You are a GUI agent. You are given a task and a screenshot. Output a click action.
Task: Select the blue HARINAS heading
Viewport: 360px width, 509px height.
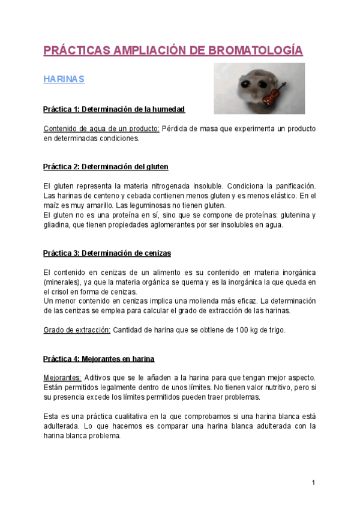coord(64,79)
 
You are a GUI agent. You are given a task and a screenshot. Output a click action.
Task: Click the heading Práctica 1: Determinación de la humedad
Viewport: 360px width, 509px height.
coord(114,109)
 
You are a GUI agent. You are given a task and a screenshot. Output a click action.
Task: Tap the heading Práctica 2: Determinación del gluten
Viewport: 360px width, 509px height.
coord(106,166)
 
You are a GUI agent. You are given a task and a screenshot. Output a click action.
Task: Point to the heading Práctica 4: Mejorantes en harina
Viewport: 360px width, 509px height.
coord(99,359)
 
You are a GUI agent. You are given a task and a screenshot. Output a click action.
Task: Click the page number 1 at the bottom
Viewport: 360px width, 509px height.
coord(313,483)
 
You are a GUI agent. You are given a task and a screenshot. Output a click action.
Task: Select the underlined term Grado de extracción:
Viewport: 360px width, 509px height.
coord(77,330)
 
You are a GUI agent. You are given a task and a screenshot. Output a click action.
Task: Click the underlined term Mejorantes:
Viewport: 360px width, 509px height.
coord(62,378)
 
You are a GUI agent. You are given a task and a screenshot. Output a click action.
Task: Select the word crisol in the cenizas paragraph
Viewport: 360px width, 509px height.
coord(54,292)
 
